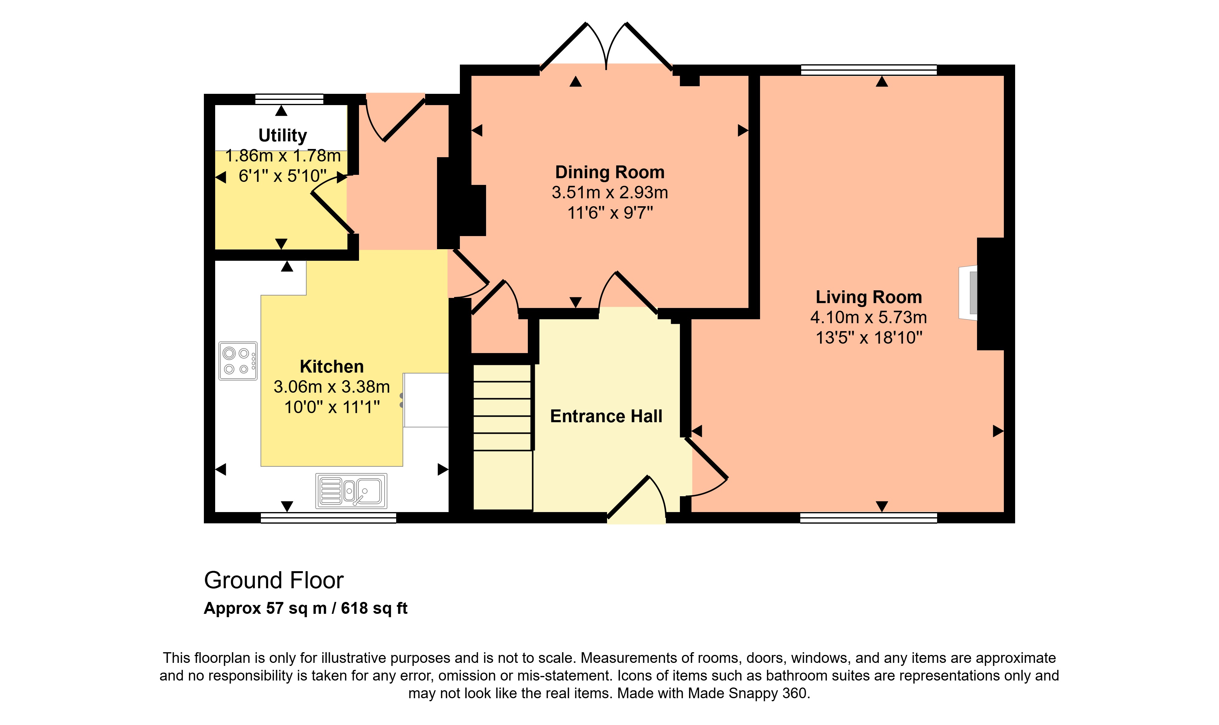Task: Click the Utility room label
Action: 283,135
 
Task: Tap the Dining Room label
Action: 609,172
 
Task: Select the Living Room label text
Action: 869,297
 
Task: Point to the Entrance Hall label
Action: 606,416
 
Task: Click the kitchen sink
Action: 351,490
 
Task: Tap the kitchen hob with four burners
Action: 238,361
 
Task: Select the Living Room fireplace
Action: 968,293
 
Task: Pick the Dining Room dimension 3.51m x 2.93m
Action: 609,193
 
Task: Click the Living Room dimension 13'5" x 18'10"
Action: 869,338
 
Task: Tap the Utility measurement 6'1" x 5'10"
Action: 283,176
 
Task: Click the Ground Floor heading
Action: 274,580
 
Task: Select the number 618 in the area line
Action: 354,608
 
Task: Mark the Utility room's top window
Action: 289,99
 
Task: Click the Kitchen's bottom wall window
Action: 329,518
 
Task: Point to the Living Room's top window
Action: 869,70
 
